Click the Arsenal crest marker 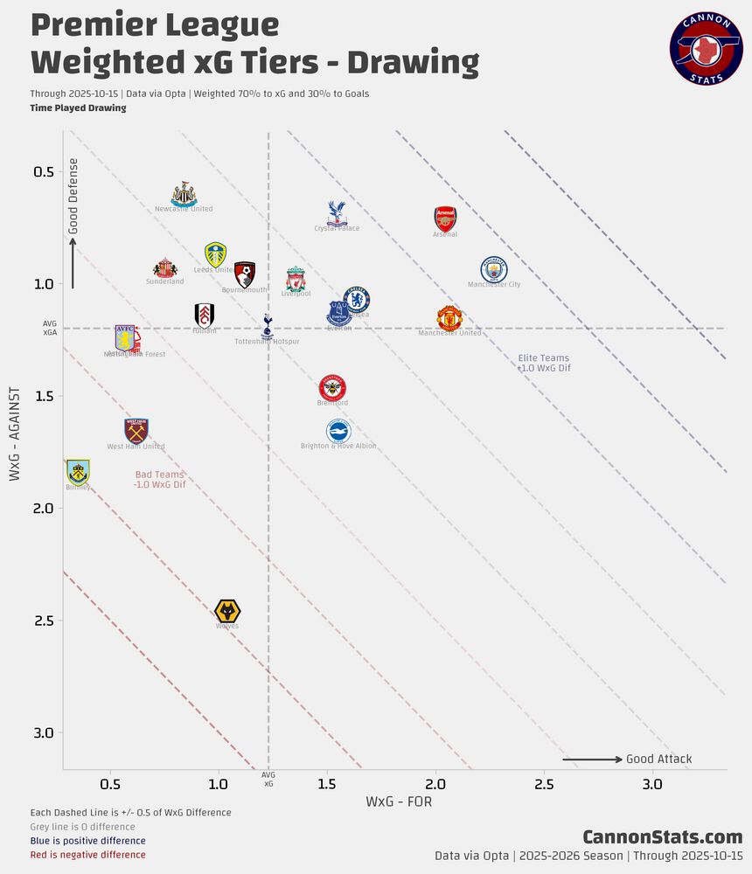[445, 218]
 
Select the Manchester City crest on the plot [494, 270]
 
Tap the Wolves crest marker [227, 611]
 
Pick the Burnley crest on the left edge [78, 472]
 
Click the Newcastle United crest [184, 194]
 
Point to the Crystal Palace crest [337, 212]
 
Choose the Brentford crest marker [332, 387]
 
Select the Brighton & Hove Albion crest [338, 431]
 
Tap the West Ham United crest [136, 431]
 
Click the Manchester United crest [449, 318]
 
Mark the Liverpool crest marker [296, 280]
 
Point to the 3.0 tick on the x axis [652, 784]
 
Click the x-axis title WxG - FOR [399, 801]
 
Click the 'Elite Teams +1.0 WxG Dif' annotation [544, 363]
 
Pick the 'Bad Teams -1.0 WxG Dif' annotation [160, 479]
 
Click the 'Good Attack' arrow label [658, 759]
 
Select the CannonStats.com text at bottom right [662, 837]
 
